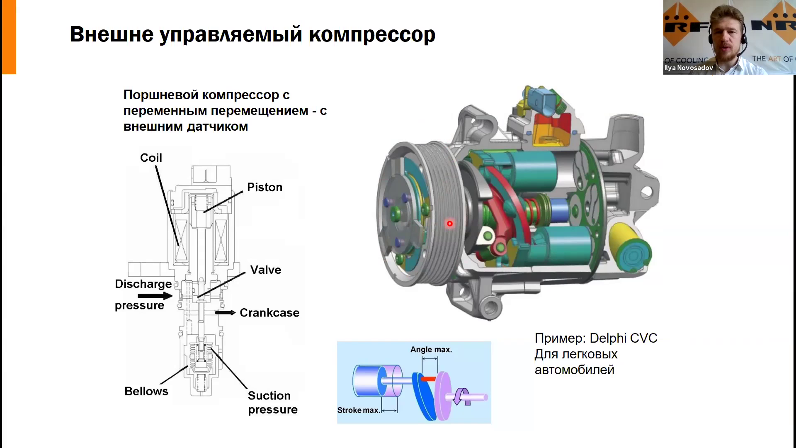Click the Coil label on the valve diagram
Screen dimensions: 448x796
coord(151,158)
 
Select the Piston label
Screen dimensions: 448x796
coord(265,187)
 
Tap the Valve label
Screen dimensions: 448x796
coord(266,270)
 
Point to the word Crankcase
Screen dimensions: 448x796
coord(269,313)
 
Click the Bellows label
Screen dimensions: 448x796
coord(146,392)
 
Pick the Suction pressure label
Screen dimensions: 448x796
coord(272,402)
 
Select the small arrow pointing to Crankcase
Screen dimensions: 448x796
coord(225,313)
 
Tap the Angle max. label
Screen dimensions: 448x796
coord(431,350)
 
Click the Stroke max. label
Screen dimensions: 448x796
coord(358,410)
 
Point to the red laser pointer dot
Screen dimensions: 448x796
coord(449,224)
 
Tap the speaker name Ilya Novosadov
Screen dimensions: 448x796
coord(689,68)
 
